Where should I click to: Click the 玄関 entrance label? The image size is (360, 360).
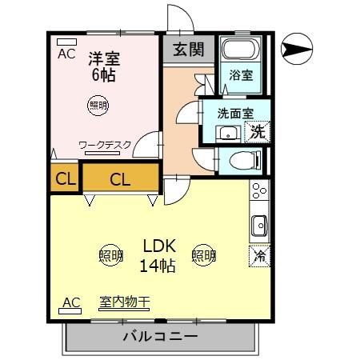click(x=189, y=49)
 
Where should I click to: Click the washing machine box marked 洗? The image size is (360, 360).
click(x=258, y=131)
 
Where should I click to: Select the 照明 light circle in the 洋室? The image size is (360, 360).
click(x=98, y=106)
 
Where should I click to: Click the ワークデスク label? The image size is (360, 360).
click(x=106, y=146)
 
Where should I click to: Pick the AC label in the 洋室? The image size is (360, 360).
click(x=67, y=54)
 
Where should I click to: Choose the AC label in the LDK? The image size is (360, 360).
click(x=70, y=302)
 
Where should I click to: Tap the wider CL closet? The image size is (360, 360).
click(x=120, y=178)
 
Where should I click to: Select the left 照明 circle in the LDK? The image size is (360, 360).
click(x=111, y=256)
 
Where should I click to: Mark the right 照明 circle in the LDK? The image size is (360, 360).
click(x=204, y=256)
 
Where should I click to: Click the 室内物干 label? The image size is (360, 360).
click(x=125, y=302)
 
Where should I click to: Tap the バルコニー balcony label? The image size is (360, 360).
click(x=160, y=336)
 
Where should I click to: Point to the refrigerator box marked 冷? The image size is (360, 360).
click(x=260, y=256)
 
